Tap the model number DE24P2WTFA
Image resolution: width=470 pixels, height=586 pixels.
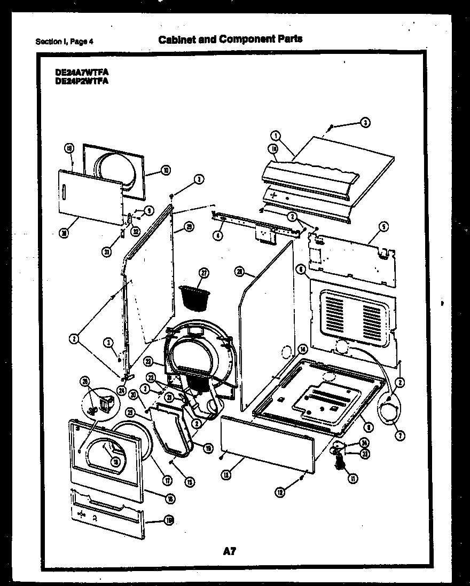tap(81, 81)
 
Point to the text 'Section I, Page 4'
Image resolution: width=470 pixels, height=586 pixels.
tap(64, 42)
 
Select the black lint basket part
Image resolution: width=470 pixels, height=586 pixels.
tap(194, 296)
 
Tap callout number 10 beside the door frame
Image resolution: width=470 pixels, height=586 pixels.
tap(165, 171)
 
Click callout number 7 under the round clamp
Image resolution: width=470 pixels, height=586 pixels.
tap(400, 435)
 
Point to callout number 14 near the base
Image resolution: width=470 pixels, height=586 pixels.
tap(303, 350)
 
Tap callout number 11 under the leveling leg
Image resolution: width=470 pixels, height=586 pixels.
tap(353, 478)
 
